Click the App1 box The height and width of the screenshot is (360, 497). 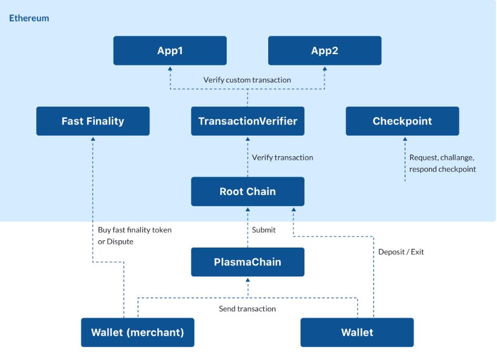point(170,50)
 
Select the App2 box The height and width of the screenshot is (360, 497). point(324,50)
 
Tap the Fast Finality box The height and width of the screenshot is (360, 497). point(93,121)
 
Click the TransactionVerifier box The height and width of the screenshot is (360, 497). point(248,121)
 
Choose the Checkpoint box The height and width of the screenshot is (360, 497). point(402,121)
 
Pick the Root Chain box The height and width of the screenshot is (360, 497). point(248,191)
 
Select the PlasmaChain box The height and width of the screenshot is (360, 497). point(248,262)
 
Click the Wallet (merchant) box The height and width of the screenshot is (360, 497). point(138,333)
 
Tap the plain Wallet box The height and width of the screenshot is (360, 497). point(357,333)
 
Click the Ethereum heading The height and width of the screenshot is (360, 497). point(29,18)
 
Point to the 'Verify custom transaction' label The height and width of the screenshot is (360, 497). point(247,80)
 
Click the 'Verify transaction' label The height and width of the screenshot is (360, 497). point(282,157)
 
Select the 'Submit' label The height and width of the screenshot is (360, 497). point(263,230)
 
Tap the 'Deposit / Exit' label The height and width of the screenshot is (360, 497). point(401,252)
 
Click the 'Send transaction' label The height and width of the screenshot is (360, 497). point(247,308)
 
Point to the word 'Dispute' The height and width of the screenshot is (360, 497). point(120,242)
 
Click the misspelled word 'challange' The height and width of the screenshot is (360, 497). point(457,158)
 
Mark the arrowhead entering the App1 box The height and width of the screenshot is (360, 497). point(170,68)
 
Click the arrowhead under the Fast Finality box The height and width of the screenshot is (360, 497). point(93,139)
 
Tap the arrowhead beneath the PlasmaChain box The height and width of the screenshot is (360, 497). point(248,280)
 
